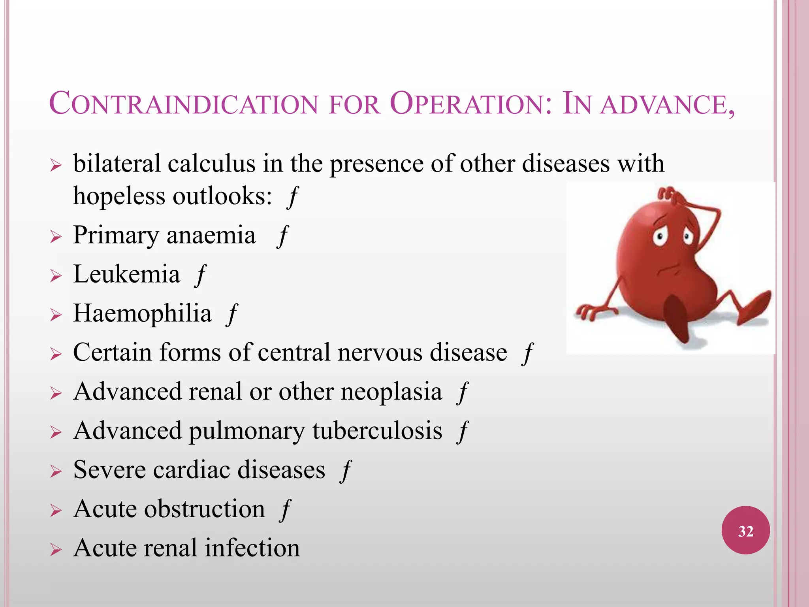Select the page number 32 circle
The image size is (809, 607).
point(745,530)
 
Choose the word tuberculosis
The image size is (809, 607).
point(377,431)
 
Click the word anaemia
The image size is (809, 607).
point(211,236)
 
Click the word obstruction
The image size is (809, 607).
point(205,509)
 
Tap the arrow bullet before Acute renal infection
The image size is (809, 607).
point(56,550)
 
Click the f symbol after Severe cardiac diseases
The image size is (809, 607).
point(346,471)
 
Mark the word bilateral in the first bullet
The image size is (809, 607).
point(117,164)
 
